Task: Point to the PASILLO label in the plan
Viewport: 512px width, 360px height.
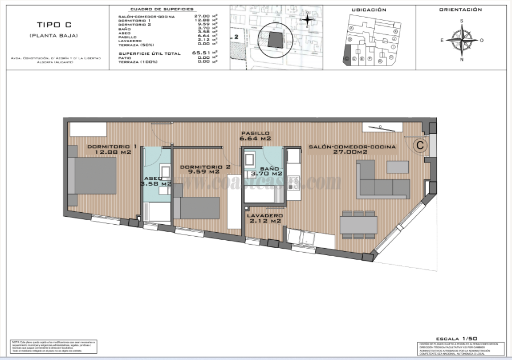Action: point(255,135)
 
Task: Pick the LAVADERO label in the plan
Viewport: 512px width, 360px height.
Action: point(265,218)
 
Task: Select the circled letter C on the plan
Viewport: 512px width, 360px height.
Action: point(420,145)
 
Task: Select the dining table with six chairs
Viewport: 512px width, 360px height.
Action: point(358,225)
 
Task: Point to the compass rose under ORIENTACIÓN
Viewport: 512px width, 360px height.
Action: point(461,40)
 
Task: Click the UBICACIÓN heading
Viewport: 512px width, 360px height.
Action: point(369,10)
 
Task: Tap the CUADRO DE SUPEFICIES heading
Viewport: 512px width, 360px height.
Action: point(162,10)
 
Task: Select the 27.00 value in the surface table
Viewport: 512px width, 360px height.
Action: point(203,17)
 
